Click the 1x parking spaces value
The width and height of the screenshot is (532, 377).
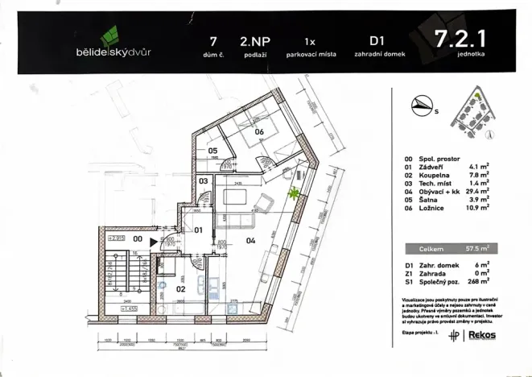(x=310, y=39)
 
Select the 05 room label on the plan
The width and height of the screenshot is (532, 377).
(x=212, y=151)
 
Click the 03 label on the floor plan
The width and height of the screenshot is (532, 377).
(x=204, y=182)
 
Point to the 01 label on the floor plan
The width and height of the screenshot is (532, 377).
(x=198, y=230)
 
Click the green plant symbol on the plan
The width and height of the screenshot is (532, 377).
(x=294, y=193)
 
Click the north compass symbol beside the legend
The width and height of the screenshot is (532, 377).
(x=422, y=103)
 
